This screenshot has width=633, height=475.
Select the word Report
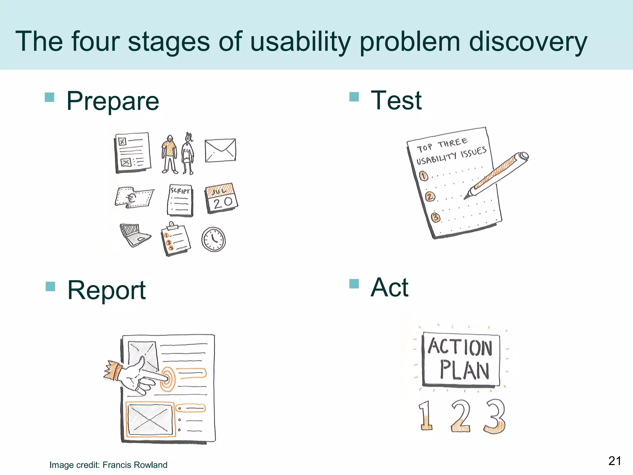(x=106, y=290)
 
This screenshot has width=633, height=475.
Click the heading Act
(x=389, y=287)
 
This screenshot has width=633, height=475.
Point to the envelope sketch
(x=220, y=150)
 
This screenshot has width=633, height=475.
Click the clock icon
(x=213, y=239)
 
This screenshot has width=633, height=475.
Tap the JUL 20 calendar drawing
(x=221, y=198)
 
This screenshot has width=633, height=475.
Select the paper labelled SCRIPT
(x=180, y=200)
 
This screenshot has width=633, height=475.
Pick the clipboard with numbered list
(x=176, y=239)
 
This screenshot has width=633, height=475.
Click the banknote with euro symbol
(x=134, y=197)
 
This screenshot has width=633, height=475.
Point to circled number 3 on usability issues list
(x=435, y=218)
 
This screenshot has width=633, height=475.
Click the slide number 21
(x=614, y=461)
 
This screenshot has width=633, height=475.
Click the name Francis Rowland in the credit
(x=135, y=465)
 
